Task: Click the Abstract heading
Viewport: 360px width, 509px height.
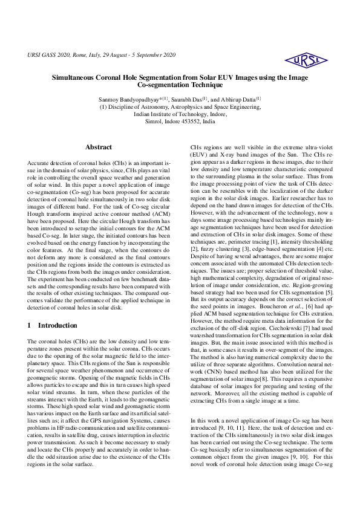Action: (98, 147)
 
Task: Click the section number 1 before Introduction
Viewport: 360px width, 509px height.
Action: (30, 325)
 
